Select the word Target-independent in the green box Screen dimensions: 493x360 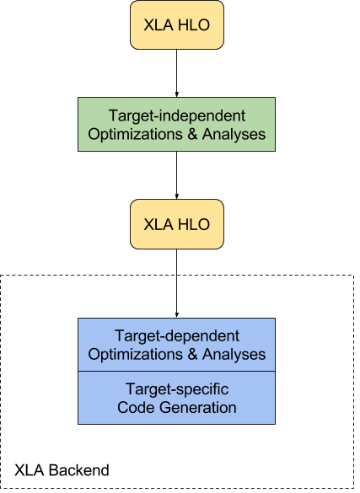pyautogui.click(x=176, y=115)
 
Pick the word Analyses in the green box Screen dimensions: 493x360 pyautogui.click(x=228, y=134)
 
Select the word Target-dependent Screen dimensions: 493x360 pyautogui.click(x=176, y=335)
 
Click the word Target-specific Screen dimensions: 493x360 pyautogui.click(x=176, y=389)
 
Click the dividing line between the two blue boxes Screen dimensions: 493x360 pyautogui.click(x=176, y=371)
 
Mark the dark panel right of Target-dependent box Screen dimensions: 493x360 pyautogui.click(x=314, y=345)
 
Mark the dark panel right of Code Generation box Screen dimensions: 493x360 pyautogui.click(x=314, y=398)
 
